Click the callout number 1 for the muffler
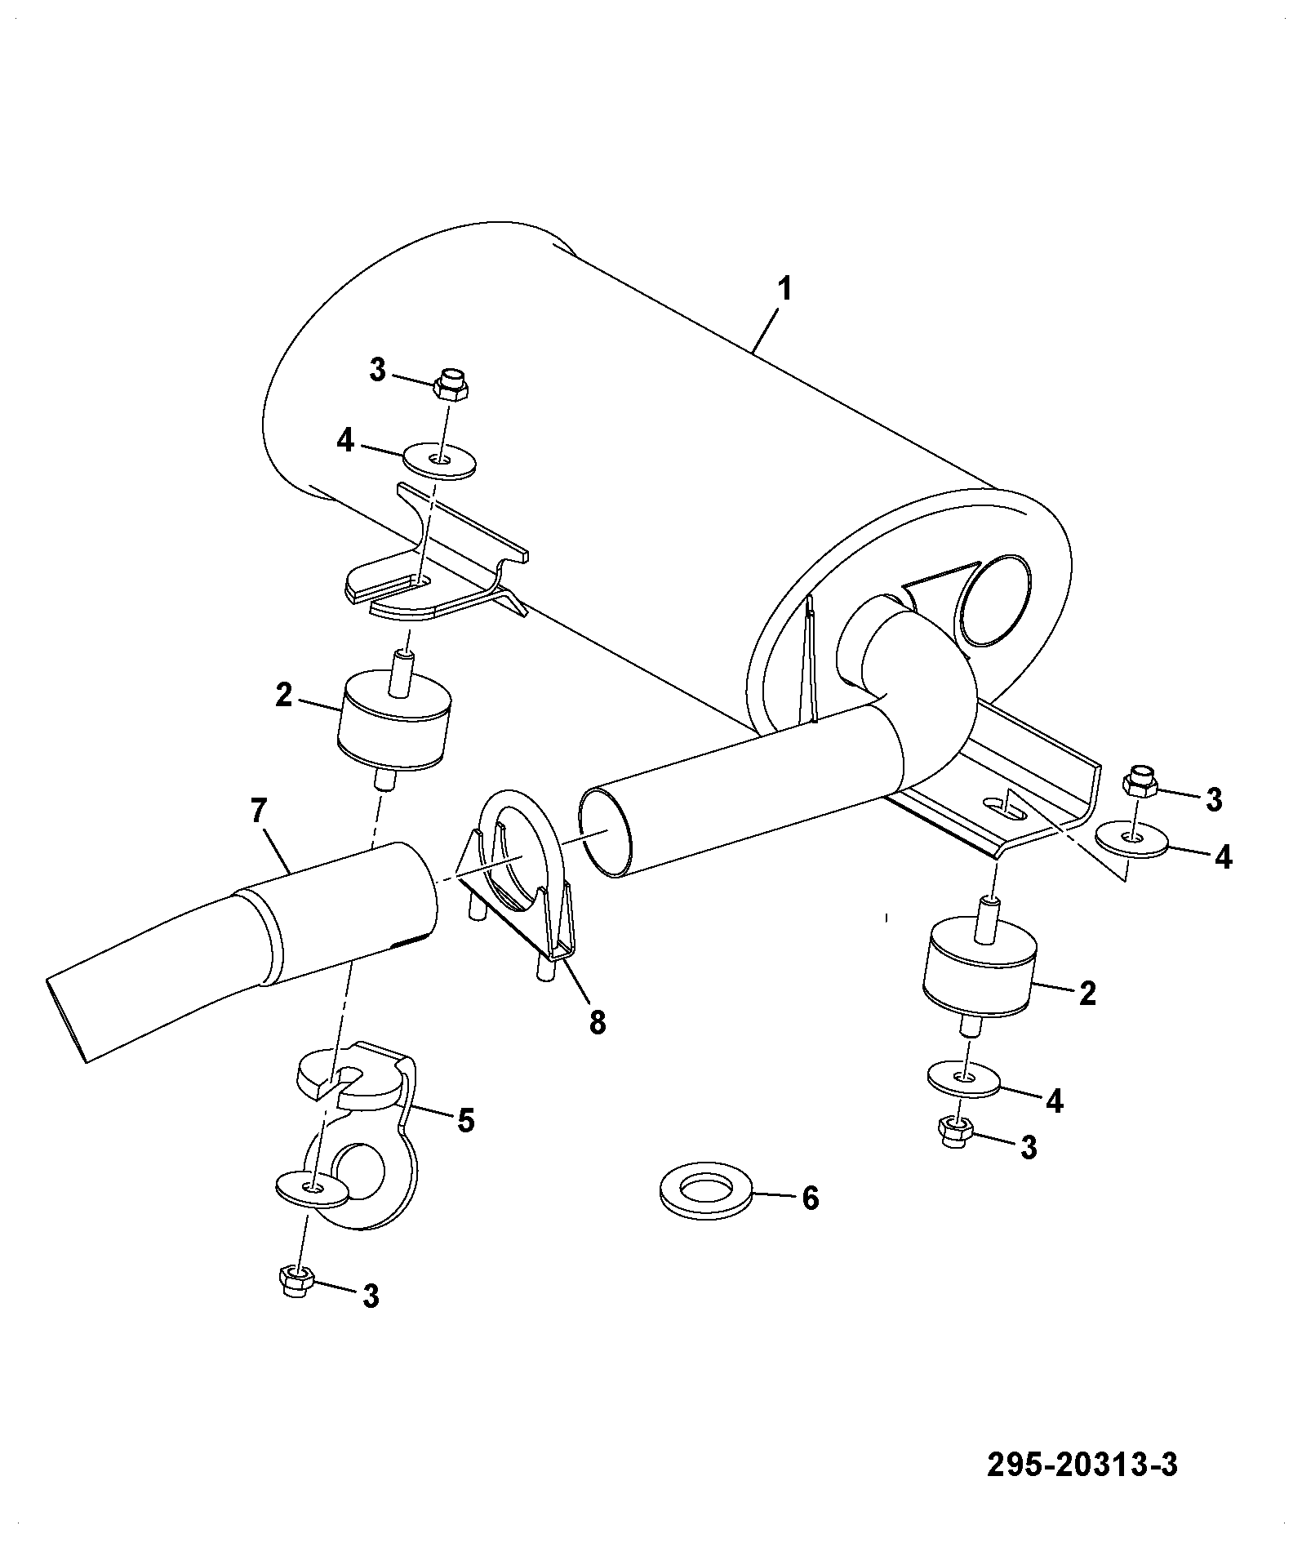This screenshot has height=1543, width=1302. point(784,290)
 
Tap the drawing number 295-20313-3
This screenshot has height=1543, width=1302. point(1082,1465)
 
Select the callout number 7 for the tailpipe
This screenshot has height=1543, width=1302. point(259,812)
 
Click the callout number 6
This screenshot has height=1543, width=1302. point(810,1198)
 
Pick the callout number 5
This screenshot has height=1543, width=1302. point(465,1121)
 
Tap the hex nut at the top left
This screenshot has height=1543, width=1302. point(451,383)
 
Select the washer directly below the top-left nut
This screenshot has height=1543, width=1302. point(441,460)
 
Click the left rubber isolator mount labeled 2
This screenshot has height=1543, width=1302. point(394,718)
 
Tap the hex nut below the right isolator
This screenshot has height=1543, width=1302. point(954,1132)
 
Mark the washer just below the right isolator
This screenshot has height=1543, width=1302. point(964,1079)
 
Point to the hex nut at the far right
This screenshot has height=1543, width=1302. point(1140,782)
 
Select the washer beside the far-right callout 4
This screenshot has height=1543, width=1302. point(1131,839)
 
